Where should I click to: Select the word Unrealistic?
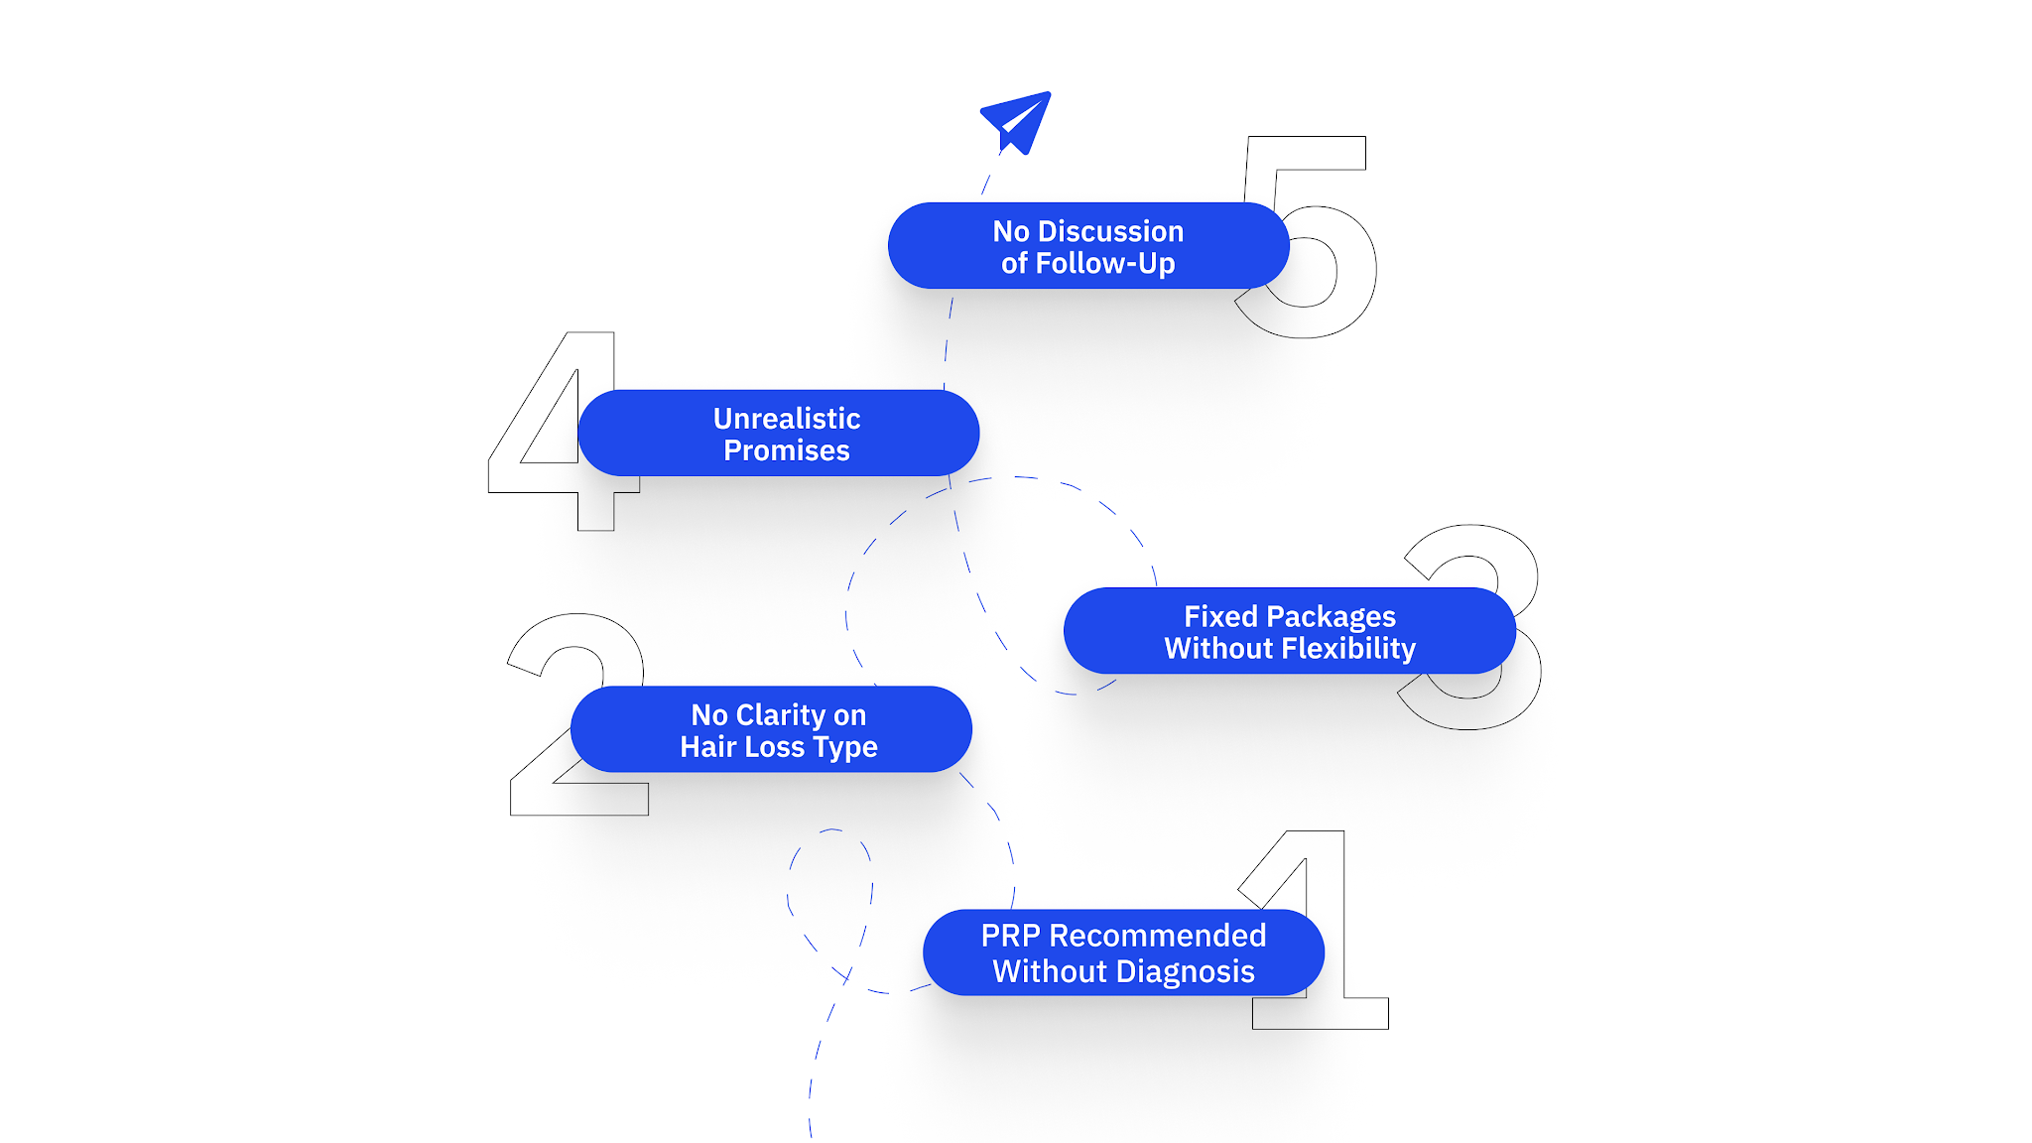click(786, 419)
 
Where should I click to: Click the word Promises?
click(786, 450)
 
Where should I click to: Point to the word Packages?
click(1331, 617)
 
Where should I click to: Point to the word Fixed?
click(1220, 617)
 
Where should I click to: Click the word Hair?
click(708, 747)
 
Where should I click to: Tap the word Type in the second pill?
click(845, 747)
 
